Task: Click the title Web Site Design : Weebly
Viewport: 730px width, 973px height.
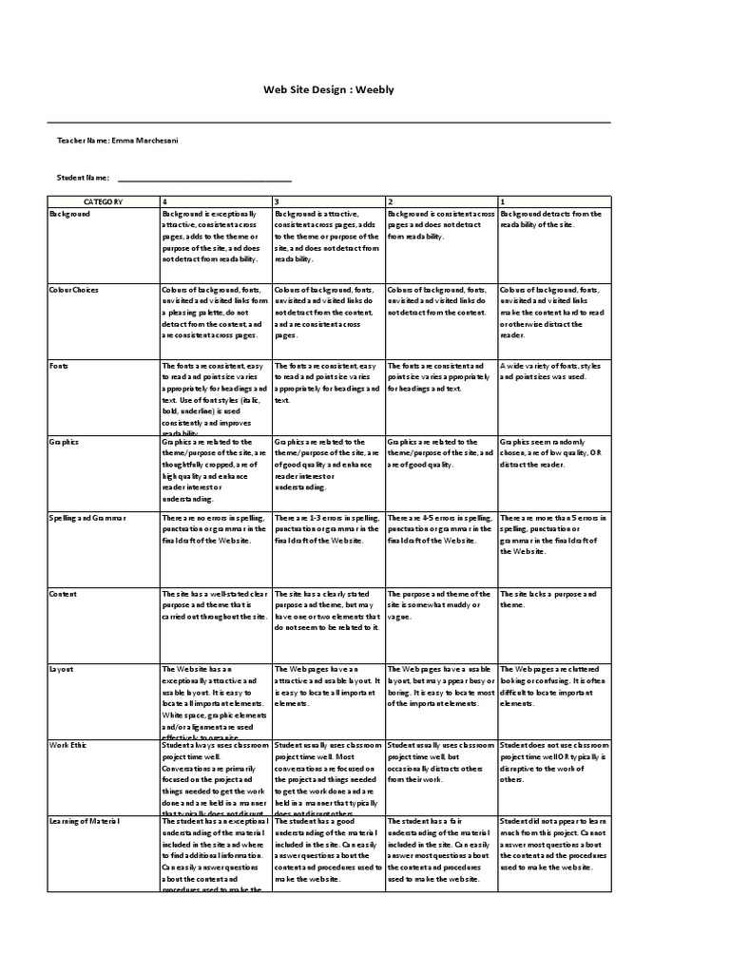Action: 327,89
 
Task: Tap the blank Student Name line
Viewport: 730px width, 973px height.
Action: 203,178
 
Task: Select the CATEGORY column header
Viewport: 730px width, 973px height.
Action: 103,202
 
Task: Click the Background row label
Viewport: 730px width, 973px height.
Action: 70,215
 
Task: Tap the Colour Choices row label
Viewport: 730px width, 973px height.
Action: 74,290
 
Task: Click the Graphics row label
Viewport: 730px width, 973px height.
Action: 65,442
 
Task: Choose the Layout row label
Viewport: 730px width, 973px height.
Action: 62,670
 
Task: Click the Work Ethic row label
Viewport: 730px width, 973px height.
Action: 67,746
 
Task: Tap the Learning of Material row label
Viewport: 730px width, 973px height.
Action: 86,821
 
